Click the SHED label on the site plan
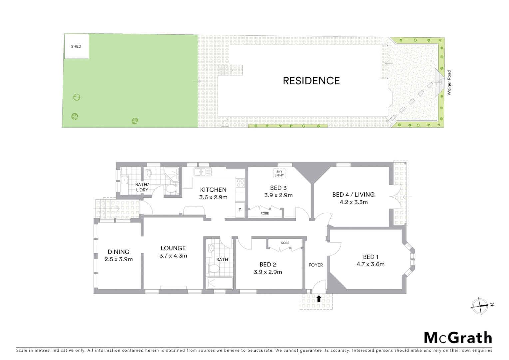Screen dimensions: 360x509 click(x=76, y=46)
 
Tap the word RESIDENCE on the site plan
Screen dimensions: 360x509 click(x=311, y=81)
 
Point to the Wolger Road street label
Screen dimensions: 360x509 click(x=449, y=83)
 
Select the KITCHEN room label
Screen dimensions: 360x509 click(x=213, y=190)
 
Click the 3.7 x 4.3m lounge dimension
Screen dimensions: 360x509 click(x=173, y=256)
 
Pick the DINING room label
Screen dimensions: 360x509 click(x=118, y=252)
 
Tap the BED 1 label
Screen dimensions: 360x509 click(x=370, y=257)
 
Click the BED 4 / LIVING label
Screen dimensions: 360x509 click(x=353, y=194)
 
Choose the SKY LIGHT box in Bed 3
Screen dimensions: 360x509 click(x=279, y=173)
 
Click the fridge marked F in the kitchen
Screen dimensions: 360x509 click(x=240, y=210)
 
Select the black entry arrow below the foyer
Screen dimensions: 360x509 click(x=319, y=299)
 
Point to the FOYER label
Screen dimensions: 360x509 click(x=316, y=265)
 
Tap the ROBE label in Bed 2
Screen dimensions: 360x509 click(x=285, y=243)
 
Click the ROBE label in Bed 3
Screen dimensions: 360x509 click(x=265, y=213)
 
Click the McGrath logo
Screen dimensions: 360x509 click(x=458, y=337)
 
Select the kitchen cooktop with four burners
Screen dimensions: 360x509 click(x=240, y=183)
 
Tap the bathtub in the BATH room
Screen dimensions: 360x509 click(x=220, y=283)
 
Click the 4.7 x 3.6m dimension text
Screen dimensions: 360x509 click(x=370, y=264)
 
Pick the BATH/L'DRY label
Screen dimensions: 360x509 click(x=142, y=187)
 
